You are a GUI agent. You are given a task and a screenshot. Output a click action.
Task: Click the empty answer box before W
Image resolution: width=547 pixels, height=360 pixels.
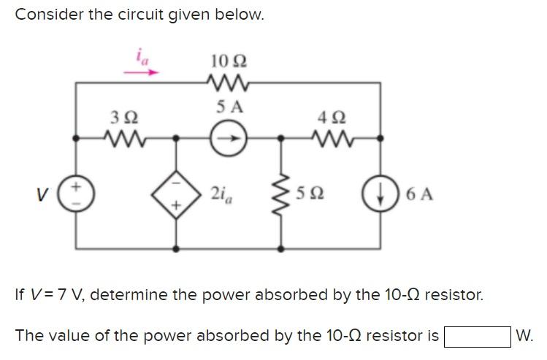477,336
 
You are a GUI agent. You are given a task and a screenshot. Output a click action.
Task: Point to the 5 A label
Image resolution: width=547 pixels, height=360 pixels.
229,107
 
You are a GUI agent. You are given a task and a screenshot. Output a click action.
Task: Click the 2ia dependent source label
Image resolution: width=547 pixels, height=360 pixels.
221,194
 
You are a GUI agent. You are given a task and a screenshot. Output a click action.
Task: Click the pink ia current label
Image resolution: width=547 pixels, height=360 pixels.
141,56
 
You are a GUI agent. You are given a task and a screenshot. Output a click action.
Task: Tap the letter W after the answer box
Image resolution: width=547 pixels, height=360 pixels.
524,336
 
